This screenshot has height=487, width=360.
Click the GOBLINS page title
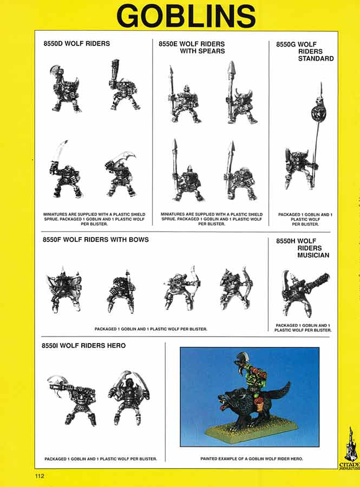186,16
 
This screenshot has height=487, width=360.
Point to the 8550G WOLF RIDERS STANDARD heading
305,51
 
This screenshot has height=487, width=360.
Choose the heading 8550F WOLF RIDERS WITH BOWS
95,240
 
